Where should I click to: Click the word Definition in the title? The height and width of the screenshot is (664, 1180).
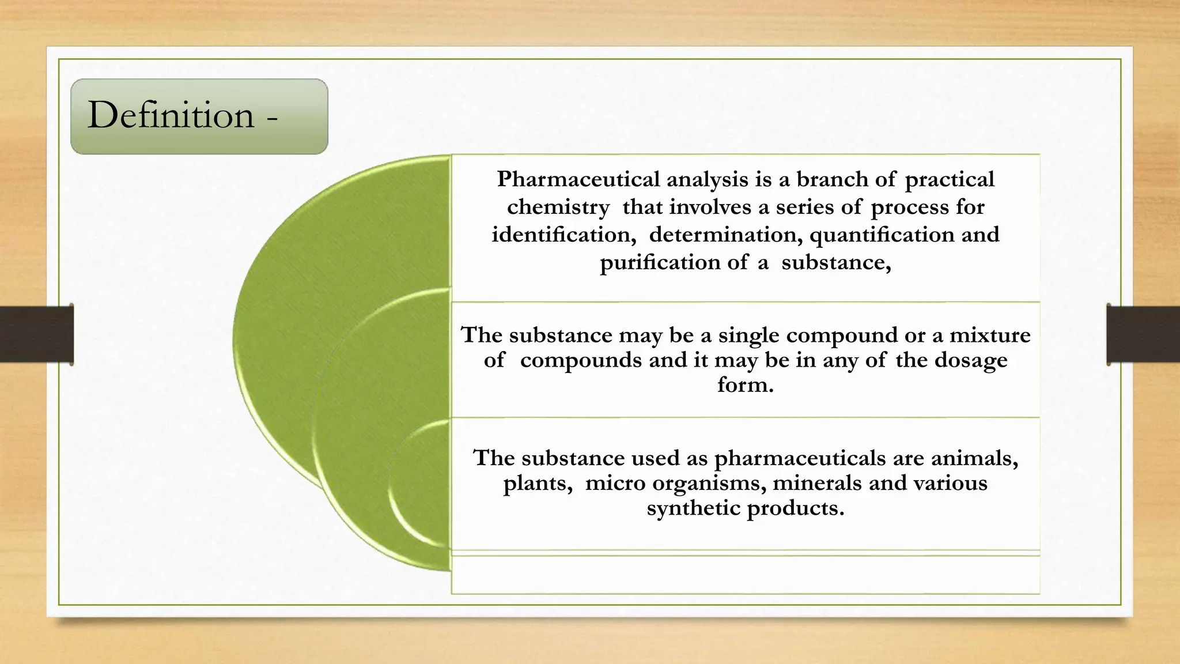click(171, 115)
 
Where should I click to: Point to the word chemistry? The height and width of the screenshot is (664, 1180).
click(558, 207)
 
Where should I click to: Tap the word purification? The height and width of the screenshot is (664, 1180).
click(660, 263)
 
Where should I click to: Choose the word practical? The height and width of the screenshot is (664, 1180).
click(950, 179)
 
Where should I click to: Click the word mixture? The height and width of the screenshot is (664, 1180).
click(990, 335)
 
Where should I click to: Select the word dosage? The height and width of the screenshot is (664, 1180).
click(971, 360)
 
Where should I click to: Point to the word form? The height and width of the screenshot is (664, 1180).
click(745, 384)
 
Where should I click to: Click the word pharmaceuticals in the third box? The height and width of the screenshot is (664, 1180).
click(800, 458)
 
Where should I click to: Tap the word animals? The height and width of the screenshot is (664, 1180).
click(974, 458)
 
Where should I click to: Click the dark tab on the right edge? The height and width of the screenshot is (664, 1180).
click(1143, 334)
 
